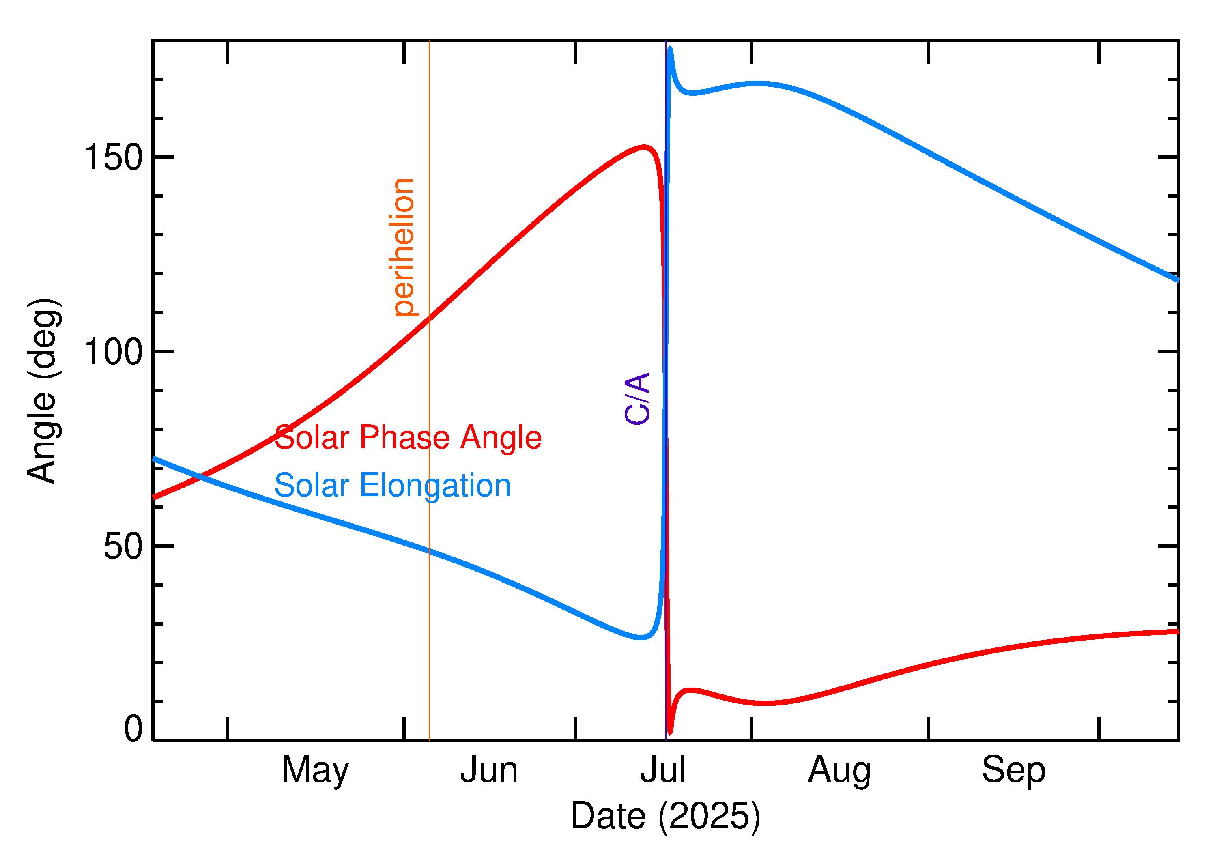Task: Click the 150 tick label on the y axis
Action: (114, 158)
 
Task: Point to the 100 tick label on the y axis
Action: (114, 352)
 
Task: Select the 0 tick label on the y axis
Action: (133, 729)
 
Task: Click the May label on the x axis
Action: (315, 770)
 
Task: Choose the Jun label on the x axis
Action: (489, 770)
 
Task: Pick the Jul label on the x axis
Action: (663, 770)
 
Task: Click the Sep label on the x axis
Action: (1013, 770)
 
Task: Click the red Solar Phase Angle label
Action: (408, 438)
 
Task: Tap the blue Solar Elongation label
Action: (392, 486)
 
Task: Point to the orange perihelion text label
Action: (403, 248)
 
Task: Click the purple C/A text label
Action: (637, 399)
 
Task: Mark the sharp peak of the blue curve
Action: (670, 48)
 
